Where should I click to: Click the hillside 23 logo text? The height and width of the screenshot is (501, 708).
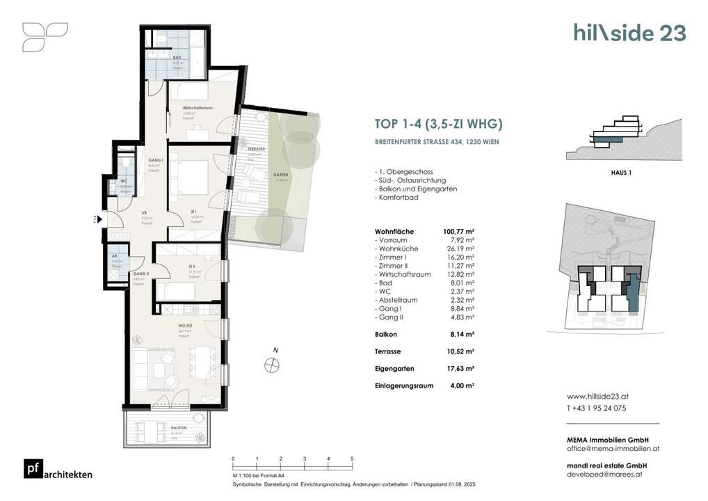[629, 33]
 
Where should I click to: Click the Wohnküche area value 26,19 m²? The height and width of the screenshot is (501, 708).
[460, 248]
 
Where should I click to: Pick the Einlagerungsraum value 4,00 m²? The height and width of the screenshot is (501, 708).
[461, 385]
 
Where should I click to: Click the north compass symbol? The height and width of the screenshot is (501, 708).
[273, 363]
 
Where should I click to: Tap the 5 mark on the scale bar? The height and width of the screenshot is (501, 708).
[352, 459]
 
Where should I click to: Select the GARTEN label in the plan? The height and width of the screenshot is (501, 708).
[280, 175]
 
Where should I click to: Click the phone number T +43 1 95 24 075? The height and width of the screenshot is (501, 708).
[596, 408]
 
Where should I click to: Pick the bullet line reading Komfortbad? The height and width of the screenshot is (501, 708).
[400, 198]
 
